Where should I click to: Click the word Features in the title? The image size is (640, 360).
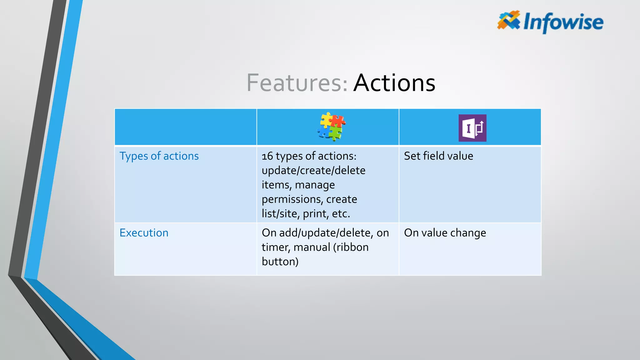point(297,83)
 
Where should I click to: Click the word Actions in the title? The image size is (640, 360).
point(394,83)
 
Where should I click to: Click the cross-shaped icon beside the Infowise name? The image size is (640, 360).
point(509,20)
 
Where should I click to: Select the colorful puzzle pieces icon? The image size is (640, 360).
point(331,127)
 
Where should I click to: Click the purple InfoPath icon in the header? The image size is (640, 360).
point(472,128)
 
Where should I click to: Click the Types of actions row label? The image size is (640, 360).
point(159,156)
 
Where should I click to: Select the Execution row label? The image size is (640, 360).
point(144,233)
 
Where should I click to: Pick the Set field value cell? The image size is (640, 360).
point(438,156)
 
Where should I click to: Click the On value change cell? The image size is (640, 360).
point(445,233)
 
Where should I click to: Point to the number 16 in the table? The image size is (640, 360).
point(267,156)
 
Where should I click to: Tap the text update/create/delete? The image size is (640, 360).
point(313,171)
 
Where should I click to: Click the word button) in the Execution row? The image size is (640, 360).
point(280,262)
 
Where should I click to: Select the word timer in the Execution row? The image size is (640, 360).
point(276,247)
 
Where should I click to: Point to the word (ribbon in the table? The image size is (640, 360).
point(351,247)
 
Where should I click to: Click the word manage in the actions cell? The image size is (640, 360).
point(315,185)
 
